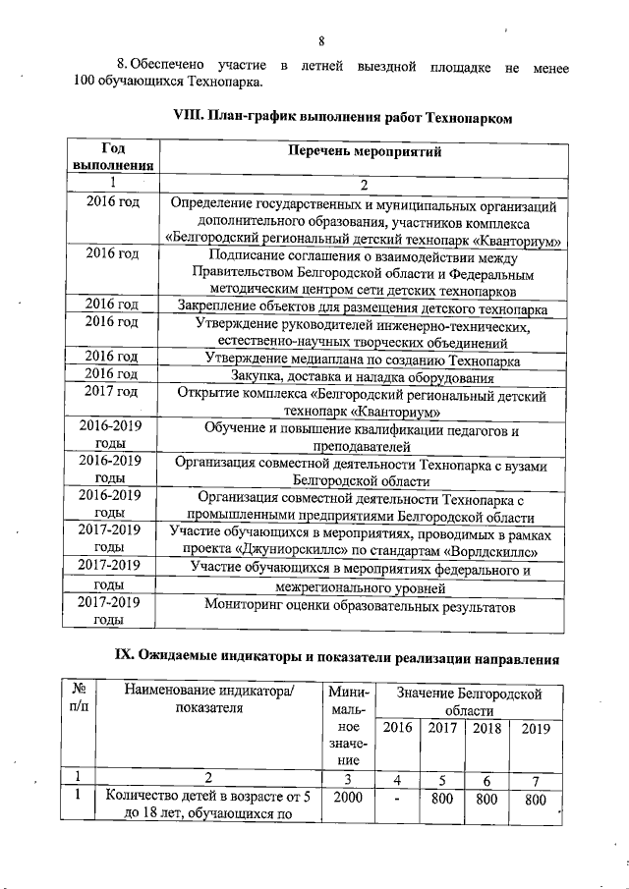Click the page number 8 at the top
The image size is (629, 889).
(x=320, y=40)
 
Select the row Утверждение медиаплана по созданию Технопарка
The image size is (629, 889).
(x=364, y=359)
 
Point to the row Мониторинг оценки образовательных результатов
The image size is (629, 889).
(x=364, y=607)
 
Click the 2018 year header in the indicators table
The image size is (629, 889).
(x=486, y=728)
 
